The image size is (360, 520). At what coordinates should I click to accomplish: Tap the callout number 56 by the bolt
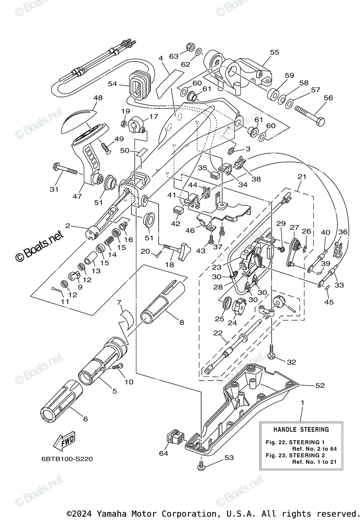click(328, 98)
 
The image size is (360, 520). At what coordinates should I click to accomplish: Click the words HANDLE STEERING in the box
click(301, 429)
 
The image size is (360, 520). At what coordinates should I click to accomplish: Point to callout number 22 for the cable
click(217, 333)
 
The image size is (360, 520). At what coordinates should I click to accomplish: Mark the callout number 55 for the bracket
click(274, 52)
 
